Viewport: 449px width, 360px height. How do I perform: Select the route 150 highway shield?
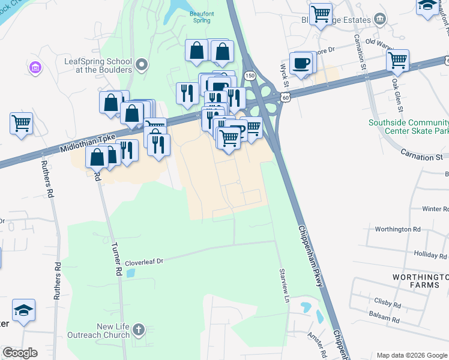pos(249,75)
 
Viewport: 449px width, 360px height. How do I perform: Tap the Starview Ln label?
pos(284,286)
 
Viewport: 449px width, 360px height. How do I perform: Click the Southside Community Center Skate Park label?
pos(408,127)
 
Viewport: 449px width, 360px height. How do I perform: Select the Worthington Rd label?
pos(397,229)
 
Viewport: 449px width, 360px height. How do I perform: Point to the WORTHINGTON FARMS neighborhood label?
pos(420,281)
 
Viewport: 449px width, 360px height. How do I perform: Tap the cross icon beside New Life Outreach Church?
pos(139,329)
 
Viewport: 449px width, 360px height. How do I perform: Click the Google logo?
pos(20,353)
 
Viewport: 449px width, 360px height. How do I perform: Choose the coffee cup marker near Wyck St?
pos(300,62)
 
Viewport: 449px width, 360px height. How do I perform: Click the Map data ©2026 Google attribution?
pos(411,355)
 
